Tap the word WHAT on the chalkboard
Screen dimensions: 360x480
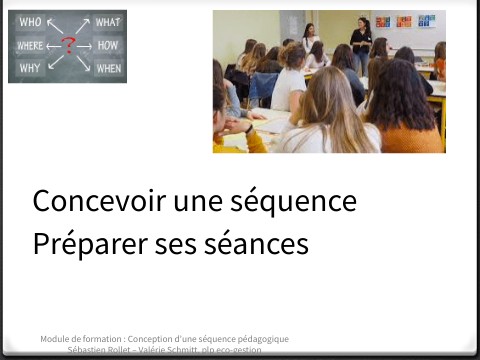[x=108, y=22]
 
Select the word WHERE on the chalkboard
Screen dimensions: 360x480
[x=31, y=45]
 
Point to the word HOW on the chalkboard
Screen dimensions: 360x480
[x=109, y=45]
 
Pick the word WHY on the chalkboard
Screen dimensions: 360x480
[x=29, y=68]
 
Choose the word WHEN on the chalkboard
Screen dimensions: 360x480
[x=108, y=68]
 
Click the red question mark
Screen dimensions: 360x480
[x=68, y=44]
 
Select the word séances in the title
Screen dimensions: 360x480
[x=251, y=243]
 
